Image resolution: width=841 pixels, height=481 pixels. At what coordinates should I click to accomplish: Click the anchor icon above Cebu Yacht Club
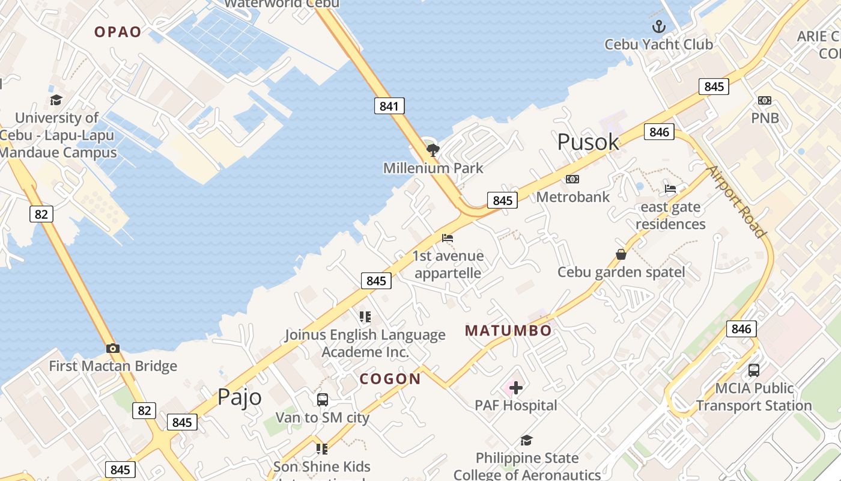click(659, 26)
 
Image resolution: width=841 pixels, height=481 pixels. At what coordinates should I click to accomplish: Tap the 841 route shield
click(389, 106)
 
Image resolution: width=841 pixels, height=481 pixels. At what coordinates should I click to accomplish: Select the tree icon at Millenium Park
click(432, 150)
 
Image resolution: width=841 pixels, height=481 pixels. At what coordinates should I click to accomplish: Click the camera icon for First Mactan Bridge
click(112, 348)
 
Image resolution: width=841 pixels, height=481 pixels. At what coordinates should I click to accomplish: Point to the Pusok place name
click(587, 142)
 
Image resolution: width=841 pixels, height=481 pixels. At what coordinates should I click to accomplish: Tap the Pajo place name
click(239, 397)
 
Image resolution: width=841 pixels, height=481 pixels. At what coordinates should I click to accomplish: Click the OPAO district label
click(118, 32)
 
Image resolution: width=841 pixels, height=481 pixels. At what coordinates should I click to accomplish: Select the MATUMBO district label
click(508, 330)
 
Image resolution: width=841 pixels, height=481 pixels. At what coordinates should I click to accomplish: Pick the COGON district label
click(390, 379)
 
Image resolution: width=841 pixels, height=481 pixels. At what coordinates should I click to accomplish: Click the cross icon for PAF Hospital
click(515, 388)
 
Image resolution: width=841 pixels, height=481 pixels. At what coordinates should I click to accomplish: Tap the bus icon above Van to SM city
click(322, 399)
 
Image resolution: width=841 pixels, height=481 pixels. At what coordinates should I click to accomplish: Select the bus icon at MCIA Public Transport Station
click(754, 370)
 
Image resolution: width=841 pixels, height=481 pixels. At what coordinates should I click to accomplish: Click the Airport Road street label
click(736, 201)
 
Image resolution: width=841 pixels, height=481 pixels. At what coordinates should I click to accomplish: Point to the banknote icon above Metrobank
click(572, 179)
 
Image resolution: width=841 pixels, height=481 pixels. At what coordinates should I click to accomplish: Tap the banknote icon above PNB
click(765, 100)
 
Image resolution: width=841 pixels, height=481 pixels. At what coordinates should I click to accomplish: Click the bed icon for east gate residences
click(670, 189)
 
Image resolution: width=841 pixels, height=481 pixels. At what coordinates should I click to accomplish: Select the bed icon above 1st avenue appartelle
click(448, 238)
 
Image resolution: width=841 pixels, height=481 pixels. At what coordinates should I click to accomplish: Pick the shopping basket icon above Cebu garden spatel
click(621, 254)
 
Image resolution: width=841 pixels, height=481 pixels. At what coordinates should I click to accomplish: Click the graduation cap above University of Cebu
click(56, 100)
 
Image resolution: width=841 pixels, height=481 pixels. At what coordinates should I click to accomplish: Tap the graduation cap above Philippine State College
click(526, 440)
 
